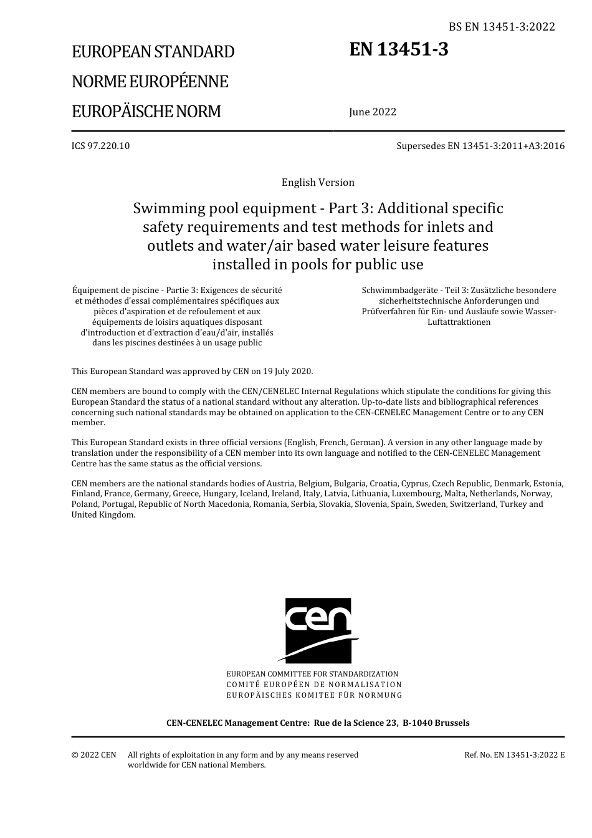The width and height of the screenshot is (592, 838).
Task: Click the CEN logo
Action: click(318, 630)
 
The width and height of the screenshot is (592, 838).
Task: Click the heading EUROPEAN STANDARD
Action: click(153, 52)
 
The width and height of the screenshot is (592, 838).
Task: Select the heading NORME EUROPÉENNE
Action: click(150, 82)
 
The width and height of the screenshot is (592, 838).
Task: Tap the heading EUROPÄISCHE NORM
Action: click(146, 112)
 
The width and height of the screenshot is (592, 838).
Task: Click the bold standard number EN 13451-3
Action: click(399, 49)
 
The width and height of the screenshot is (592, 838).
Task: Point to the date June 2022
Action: click(373, 112)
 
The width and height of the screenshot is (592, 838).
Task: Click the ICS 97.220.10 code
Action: click(100, 146)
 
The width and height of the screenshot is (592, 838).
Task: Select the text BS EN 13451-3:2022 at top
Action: click(502, 26)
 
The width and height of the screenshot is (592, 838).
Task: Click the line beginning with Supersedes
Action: click(480, 146)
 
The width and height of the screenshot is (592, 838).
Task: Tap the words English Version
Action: click(318, 182)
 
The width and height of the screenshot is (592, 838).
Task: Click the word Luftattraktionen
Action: click(459, 322)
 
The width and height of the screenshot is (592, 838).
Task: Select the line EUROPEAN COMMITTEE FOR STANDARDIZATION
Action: click(312, 674)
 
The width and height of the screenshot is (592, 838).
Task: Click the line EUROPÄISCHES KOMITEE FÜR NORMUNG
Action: click(314, 695)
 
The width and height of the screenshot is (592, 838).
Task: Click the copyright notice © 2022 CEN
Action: click(93, 754)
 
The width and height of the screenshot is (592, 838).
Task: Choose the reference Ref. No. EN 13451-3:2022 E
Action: click(514, 754)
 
